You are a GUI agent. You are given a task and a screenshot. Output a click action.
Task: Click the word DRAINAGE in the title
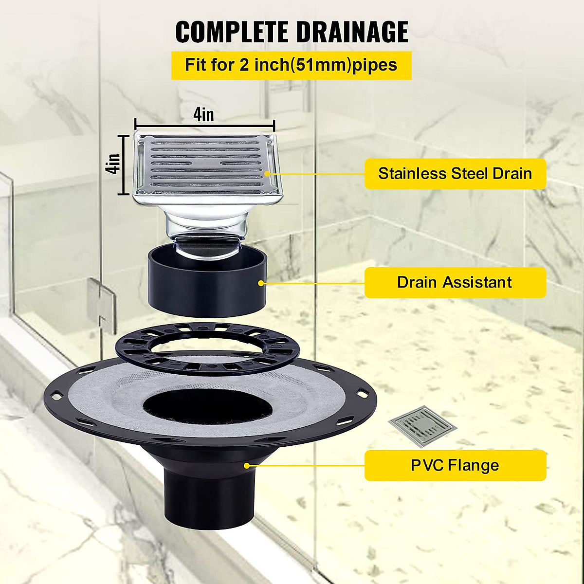[352, 32]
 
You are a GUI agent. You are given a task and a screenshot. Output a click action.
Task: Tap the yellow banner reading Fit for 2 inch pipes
[291, 65]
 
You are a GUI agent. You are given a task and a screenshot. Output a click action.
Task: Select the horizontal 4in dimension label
[203, 114]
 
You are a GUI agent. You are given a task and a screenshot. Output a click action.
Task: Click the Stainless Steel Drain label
[455, 174]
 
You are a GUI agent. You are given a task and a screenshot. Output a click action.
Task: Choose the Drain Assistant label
[455, 282]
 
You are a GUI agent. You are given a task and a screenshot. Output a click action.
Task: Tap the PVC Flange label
[455, 465]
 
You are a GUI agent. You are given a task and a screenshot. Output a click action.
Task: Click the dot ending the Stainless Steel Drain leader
[267, 174]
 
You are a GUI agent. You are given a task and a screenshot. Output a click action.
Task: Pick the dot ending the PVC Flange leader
[247, 465]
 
